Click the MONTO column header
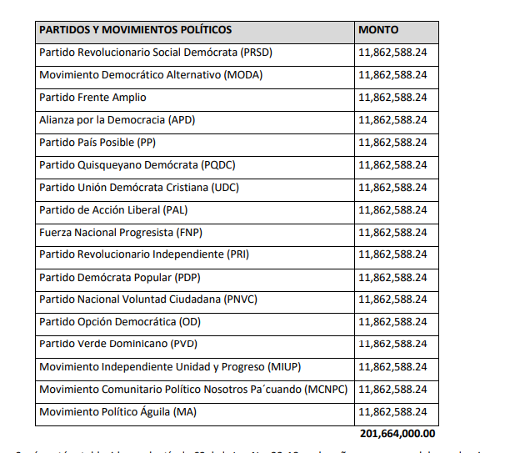pyautogui.click(x=378, y=30)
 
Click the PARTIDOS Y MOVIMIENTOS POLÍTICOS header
pyautogui.click(x=136, y=30)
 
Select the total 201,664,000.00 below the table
pyautogui.click(x=398, y=434)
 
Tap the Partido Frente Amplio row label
pyautogui.click(x=81, y=98)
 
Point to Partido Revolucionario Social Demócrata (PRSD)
pyautogui.click(x=156, y=53)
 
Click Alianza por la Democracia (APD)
pyautogui.click(x=117, y=120)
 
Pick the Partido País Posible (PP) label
pyautogui.click(x=97, y=142)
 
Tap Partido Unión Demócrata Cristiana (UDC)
pyautogui.click(x=139, y=187)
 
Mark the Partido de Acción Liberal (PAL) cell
pyautogui.click(x=114, y=209)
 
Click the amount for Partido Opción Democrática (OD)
pyautogui.click(x=392, y=321)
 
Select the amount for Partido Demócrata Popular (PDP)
pyautogui.click(x=392, y=277)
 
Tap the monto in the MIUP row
pyautogui.click(x=392, y=366)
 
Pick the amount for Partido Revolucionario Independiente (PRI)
pyautogui.click(x=392, y=254)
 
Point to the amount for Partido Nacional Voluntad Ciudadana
pyautogui.click(x=392, y=299)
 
